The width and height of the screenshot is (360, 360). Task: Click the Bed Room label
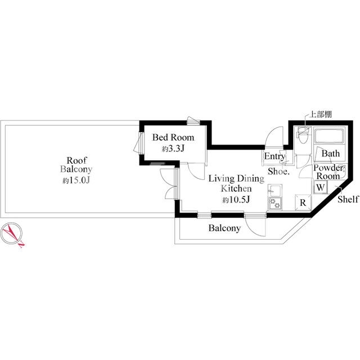[173, 137]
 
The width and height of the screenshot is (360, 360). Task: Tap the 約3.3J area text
[173, 149]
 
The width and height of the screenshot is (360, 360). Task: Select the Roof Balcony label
[76, 164]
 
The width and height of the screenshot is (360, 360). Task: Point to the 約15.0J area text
[76, 181]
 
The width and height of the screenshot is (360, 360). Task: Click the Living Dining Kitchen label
[236, 183]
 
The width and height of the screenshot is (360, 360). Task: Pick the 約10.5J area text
[236, 200]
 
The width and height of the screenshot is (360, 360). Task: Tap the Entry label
[274, 156]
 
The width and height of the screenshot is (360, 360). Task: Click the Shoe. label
[278, 171]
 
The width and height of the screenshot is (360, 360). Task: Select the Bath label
[330, 154]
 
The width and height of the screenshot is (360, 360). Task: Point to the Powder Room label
[328, 172]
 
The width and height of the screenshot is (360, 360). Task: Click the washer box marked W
[321, 187]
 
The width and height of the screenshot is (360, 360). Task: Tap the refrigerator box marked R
[303, 202]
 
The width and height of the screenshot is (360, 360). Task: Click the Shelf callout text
[348, 199]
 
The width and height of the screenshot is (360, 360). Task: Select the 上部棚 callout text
[321, 114]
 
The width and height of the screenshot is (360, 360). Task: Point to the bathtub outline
[329, 136]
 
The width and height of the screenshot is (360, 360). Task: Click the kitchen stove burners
[275, 203]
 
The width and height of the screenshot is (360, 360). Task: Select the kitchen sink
[275, 190]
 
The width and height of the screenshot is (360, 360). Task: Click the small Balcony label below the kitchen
[224, 228]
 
